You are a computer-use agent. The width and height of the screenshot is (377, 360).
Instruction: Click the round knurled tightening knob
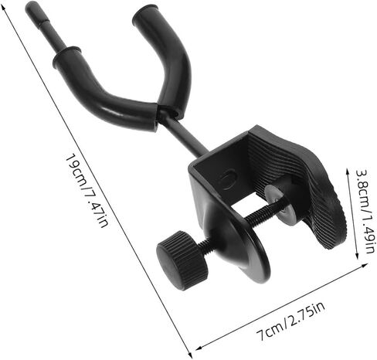point(182,260)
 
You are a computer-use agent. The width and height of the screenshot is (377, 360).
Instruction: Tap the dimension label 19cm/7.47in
point(87,191)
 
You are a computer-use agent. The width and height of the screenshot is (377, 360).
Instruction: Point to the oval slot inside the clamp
point(228,178)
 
